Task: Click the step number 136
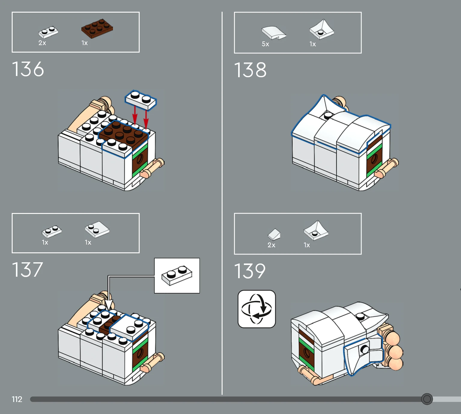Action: [x=28, y=69]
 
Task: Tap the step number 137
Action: [x=27, y=270]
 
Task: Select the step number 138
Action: [x=250, y=70]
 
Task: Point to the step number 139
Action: [x=250, y=271]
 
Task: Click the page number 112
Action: [x=17, y=399]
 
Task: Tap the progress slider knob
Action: [x=427, y=399]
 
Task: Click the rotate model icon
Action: [x=257, y=309]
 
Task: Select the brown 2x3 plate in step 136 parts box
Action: [x=97, y=29]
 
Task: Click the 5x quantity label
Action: [x=265, y=44]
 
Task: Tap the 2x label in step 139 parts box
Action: [x=271, y=245]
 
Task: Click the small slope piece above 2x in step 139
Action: [x=274, y=234]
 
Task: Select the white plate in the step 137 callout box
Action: [x=177, y=275]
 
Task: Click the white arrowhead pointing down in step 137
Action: [x=109, y=304]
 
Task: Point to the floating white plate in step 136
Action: [x=141, y=100]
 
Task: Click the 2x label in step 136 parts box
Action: [x=42, y=43]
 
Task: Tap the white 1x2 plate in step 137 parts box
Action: [x=52, y=231]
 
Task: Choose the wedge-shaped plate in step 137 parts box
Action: [x=97, y=230]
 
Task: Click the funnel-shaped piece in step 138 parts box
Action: [x=322, y=29]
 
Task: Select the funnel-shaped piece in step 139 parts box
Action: [x=316, y=230]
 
